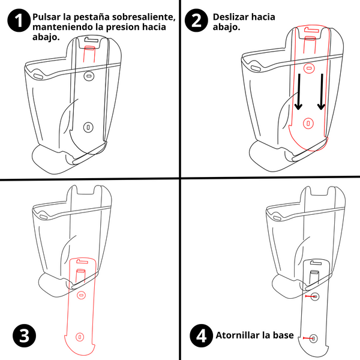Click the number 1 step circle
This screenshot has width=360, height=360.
[x=19, y=22]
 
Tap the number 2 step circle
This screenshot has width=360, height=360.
[x=196, y=22]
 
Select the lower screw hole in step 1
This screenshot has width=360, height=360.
[x=88, y=127]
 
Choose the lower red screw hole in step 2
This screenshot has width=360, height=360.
[x=308, y=122]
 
